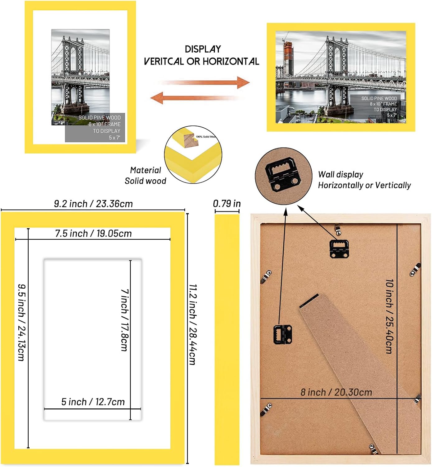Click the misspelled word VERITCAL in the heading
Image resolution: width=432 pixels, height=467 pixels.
(164, 61)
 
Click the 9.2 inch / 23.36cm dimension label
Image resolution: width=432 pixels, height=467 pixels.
(93, 204)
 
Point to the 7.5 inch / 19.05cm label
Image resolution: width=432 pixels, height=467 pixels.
(93, 233)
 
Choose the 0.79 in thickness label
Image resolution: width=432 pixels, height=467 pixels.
(227, 204)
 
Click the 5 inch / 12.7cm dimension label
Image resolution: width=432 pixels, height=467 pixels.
(93, 402)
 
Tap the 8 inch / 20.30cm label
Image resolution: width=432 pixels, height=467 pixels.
(336, 392)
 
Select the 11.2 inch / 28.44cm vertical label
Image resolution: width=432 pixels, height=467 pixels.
(193, 324)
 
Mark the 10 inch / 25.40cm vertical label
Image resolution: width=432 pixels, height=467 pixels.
(389, 316)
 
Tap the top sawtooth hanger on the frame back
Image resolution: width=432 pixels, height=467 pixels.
(339, 248)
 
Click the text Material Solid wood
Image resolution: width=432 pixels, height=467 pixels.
(145, 176)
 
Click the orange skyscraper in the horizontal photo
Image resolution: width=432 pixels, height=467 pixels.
(289, 59)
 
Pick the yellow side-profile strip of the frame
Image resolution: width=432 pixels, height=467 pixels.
(227, 339)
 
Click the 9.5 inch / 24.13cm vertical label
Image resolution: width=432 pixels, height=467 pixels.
(21, 322)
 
